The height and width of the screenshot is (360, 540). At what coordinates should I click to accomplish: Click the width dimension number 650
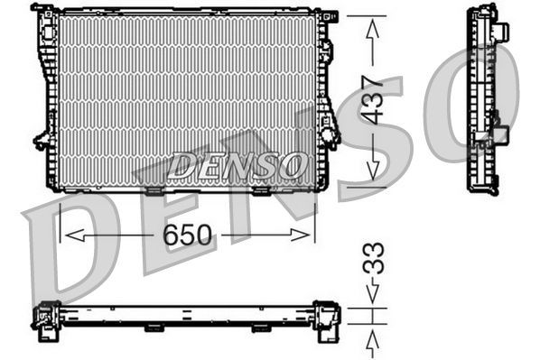(x=187, y=235)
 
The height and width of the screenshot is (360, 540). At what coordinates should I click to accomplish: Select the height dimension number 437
(x=373, y=99)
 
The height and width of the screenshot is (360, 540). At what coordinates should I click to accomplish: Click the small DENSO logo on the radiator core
(x=237, y=165)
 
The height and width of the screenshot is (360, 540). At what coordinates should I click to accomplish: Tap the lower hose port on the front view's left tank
(x=42, y=140)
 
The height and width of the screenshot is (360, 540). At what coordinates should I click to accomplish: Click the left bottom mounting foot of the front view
(x=153, y=190)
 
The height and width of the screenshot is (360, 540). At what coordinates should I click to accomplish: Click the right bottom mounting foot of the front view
(x=261, y=190)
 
